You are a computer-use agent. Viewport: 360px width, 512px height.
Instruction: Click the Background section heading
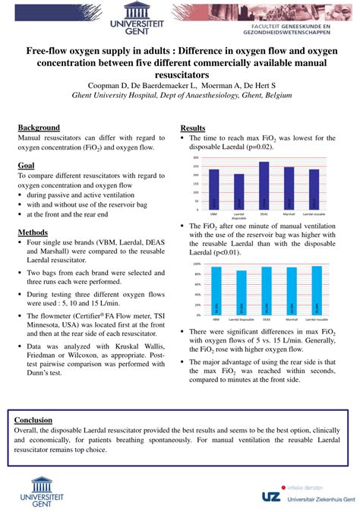tap(39, 127)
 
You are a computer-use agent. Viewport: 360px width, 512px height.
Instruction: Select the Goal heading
tap(26, 164)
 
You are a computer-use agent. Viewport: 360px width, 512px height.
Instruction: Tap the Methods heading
tap(33, 232)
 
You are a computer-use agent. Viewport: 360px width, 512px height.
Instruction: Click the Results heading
tap(193, 127)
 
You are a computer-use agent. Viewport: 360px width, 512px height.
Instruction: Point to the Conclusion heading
tap(34, 419)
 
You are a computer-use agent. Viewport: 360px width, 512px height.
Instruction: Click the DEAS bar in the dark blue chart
tap(264, 185)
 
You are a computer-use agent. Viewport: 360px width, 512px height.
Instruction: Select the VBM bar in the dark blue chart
tap(214, 188)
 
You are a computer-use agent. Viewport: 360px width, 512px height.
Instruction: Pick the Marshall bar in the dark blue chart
tap(289, 188)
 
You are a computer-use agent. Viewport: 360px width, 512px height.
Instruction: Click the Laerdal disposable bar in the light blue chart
tap(242, 292)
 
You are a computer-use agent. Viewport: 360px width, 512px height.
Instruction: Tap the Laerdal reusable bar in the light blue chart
tap(316, 290)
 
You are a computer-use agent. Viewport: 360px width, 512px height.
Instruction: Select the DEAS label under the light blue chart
tap(266, 321)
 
